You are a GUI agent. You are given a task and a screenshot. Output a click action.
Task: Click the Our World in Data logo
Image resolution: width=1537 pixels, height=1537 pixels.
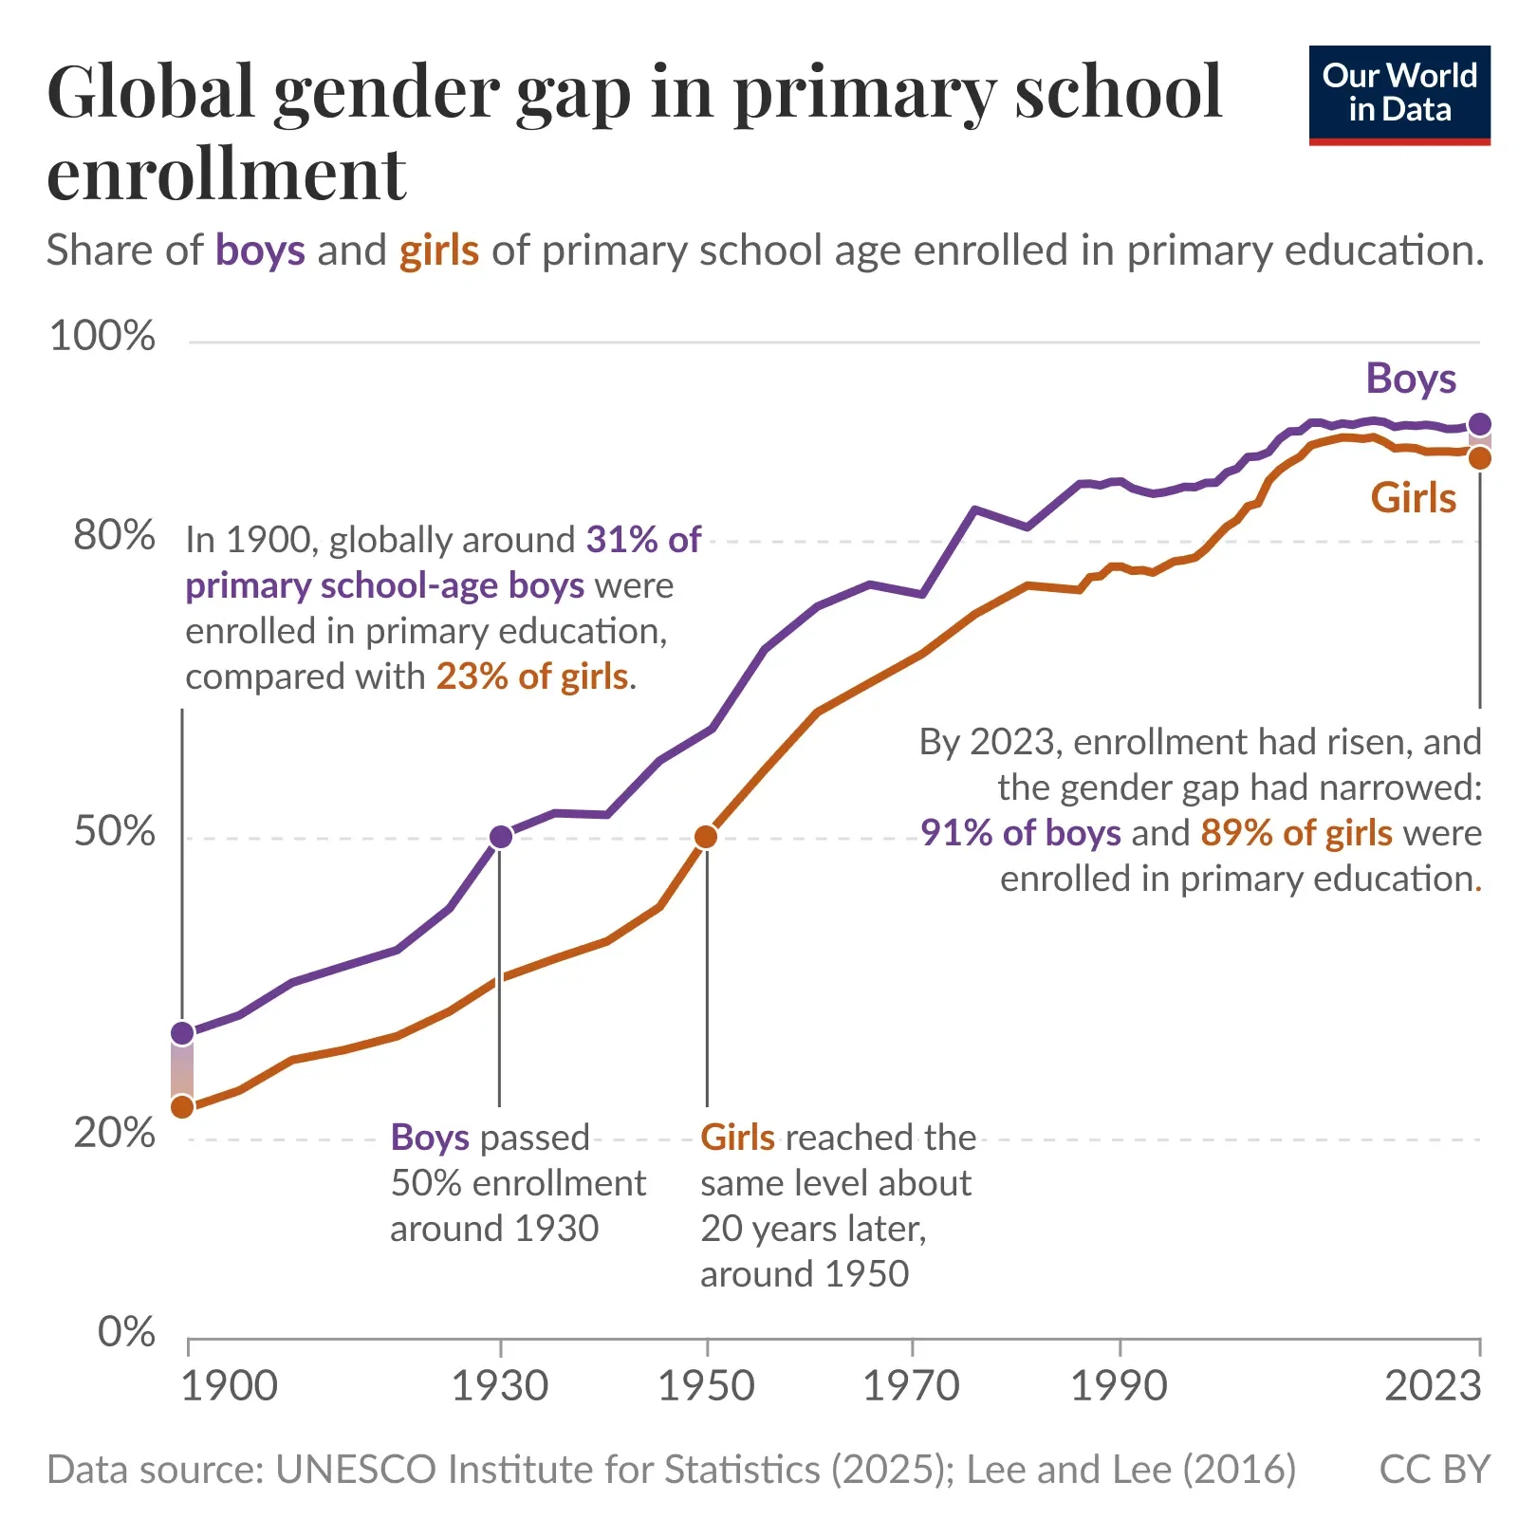pyautogui.click(x=1398, y=94)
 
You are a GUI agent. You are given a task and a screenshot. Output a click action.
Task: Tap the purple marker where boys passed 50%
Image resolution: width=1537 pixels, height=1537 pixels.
pyautogui.click(x=501, y=837)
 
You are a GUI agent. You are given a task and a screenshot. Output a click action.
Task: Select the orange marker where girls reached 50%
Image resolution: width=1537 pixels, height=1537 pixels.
pyautogui.click(x=706, y=837)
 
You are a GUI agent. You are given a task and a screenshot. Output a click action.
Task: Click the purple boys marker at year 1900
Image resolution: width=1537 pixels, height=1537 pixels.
pyautogui.click(x=182, y=1032)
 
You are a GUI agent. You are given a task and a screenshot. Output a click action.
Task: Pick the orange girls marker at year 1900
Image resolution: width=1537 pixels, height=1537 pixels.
pyautogui.click(x=182, y=1106)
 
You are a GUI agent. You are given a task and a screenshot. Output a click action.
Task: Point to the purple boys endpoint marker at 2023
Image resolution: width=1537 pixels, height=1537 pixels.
pyautogui.click(x=1479, y=424)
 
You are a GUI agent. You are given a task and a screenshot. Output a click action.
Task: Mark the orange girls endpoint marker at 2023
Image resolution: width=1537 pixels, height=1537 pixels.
pyautogui.click(x=1479, y=458)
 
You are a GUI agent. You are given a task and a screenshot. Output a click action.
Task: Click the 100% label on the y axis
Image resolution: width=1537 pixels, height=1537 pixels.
pyautogui.click(x=102, y=336)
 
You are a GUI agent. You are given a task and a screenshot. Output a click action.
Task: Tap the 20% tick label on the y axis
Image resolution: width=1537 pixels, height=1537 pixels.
pyautogui.click(x=114, y=1133)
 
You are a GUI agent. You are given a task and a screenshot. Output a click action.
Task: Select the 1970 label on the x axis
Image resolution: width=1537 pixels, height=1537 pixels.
pyautogui.click(x=911, y=1386)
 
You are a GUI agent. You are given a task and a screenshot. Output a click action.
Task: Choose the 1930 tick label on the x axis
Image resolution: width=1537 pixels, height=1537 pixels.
pyautogui.click(x=500, y=1386)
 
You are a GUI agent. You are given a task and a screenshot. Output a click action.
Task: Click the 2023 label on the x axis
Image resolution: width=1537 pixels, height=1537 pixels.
pyautogui.click(x=1433, y=1386)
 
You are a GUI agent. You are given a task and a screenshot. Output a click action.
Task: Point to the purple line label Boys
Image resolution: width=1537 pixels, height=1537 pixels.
pyautogui.click(x=1411, y=379)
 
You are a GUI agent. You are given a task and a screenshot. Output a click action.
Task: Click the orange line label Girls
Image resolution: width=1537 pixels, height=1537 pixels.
pyautogui.click(x=1413, y=498)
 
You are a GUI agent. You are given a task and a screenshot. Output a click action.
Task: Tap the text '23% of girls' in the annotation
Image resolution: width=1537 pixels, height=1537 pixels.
pyautogui.click(x=532, y=676)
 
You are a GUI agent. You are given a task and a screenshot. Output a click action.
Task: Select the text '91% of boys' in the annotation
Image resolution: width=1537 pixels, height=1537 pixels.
pyautogui.click(x=1021, y=833)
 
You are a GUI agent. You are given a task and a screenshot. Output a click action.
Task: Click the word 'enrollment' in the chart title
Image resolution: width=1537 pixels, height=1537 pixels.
pyautogui.click(x=227, y=175)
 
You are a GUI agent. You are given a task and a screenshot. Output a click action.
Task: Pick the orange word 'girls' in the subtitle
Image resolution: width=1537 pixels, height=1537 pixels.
pyautogui.click(x=439, y=251)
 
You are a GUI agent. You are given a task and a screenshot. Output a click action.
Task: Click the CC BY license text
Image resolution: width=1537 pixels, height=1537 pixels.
pyautogui.click(x=1435, y=1470)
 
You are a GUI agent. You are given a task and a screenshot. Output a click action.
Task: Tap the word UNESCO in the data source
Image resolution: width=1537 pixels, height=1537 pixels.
pyautogui.click(x=357, y=1470)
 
